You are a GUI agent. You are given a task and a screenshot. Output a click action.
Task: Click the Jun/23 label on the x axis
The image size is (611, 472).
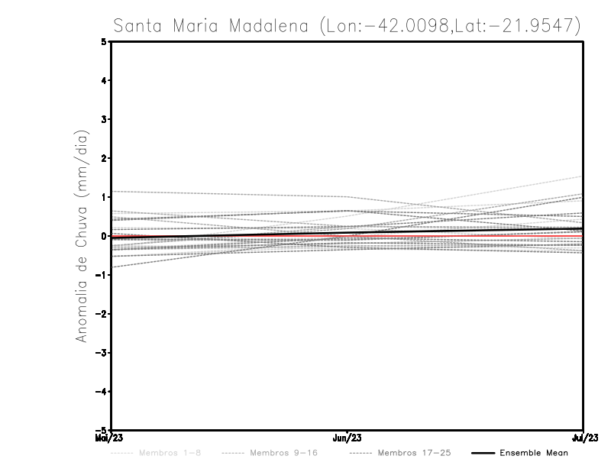[x=348, y=438]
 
